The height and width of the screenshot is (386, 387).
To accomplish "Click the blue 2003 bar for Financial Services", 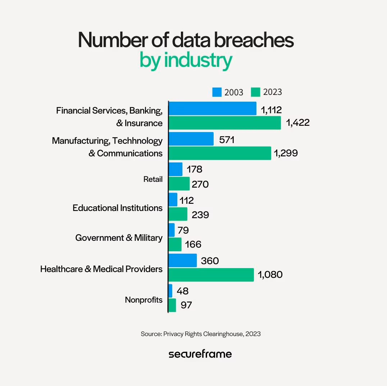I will tap(212, 109).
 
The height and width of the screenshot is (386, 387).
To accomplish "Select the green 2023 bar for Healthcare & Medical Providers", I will tap(211, 275).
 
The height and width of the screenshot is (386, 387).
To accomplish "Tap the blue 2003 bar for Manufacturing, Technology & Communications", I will tap(191, 139).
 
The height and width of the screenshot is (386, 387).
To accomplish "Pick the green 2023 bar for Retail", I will tap(179, 184).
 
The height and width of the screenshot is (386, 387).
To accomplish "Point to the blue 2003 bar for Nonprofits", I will tap(170, 291).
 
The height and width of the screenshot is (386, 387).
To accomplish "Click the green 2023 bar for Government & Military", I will tap(175, 244).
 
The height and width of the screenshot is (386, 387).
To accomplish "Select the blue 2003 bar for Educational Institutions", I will tap(173, 199).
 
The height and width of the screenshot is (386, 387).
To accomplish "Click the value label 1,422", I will tap(297, 123).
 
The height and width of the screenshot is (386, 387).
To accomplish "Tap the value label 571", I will tap(227, 139).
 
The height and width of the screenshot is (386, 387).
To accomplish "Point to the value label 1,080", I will tap(270, 275).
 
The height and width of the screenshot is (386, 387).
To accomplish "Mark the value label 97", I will tap(186, 305).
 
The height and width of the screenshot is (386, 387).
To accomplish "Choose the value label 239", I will tap(200, 215).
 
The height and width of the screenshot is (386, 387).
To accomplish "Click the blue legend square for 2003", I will tap(217, 92).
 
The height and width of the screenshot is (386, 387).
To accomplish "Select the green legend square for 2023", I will tap(255, 92).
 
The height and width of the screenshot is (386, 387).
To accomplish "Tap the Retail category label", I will tap(153, 179).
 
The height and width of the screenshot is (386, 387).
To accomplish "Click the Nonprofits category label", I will tap(144, 300).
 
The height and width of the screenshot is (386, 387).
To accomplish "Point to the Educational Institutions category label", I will tap(117, 208).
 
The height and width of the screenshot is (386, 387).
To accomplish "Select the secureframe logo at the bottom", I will tap(200, 354).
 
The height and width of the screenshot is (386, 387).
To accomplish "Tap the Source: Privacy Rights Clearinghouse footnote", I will tap(200, 334).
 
